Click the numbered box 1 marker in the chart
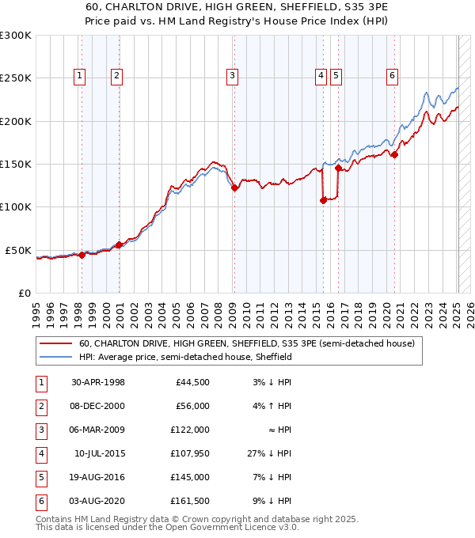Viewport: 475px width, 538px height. (81, 76)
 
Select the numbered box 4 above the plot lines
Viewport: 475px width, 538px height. (321, 76)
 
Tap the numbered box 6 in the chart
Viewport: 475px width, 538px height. (392, 76)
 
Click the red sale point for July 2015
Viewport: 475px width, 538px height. (323, 200)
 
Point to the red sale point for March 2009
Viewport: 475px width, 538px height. (234, 188)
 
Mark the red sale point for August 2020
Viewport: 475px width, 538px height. (394, 154)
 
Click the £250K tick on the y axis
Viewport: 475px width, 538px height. (16, 78)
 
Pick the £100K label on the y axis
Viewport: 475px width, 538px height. (16, 206)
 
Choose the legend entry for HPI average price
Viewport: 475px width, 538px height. (186, 357)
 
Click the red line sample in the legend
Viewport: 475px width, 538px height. (55, 344)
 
